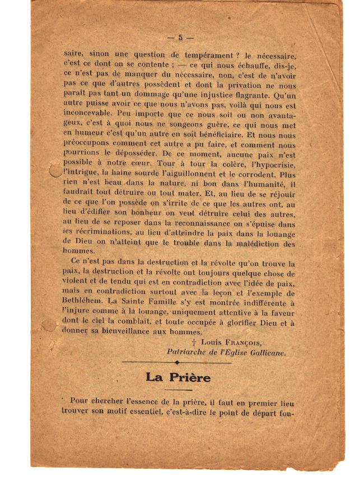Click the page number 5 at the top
[x=180, y=38]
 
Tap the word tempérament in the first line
[x=203, y=55]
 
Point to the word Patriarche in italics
[x=189, y=352]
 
